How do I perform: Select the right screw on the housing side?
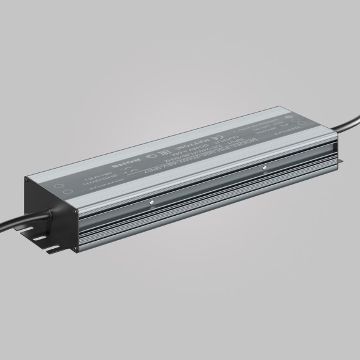click(x=263, y=165)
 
